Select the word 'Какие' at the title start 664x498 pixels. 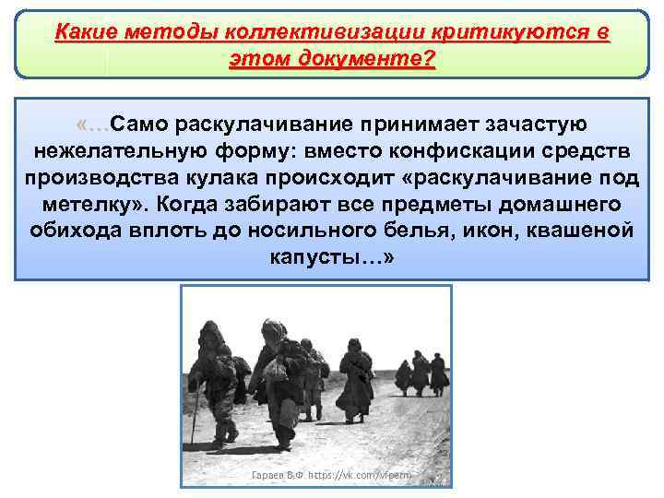(83, 34)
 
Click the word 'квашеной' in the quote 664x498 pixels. (578, 230)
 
